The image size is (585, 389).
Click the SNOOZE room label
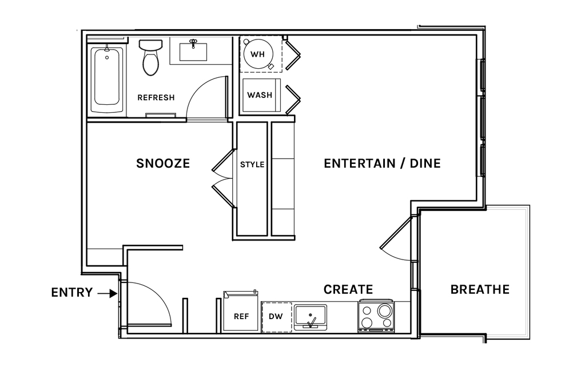[x=163, y=163]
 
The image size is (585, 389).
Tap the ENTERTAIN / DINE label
[x=382, y=163]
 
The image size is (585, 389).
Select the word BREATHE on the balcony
[x=480, y=289]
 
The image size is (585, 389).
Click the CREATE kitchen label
[x=348, y=289]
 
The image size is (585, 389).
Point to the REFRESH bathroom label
[x=156, y=97]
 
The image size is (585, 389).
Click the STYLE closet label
[x=252, y=164]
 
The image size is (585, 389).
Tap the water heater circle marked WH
[x=257, y=54]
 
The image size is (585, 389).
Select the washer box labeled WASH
[x=260, y=95]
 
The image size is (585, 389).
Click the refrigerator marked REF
[x=241, y=311]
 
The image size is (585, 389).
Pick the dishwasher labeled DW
[x=276, y=317]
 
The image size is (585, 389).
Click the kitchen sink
[x=311, y=317]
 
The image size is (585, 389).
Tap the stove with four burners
[x=376, y=316]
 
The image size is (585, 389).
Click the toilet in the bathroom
[x=150, y=57]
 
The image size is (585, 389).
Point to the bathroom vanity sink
[x=193, y=51]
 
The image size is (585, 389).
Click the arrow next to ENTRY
[x=108, y=294]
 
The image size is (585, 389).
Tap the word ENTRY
[x=72, y=292]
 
